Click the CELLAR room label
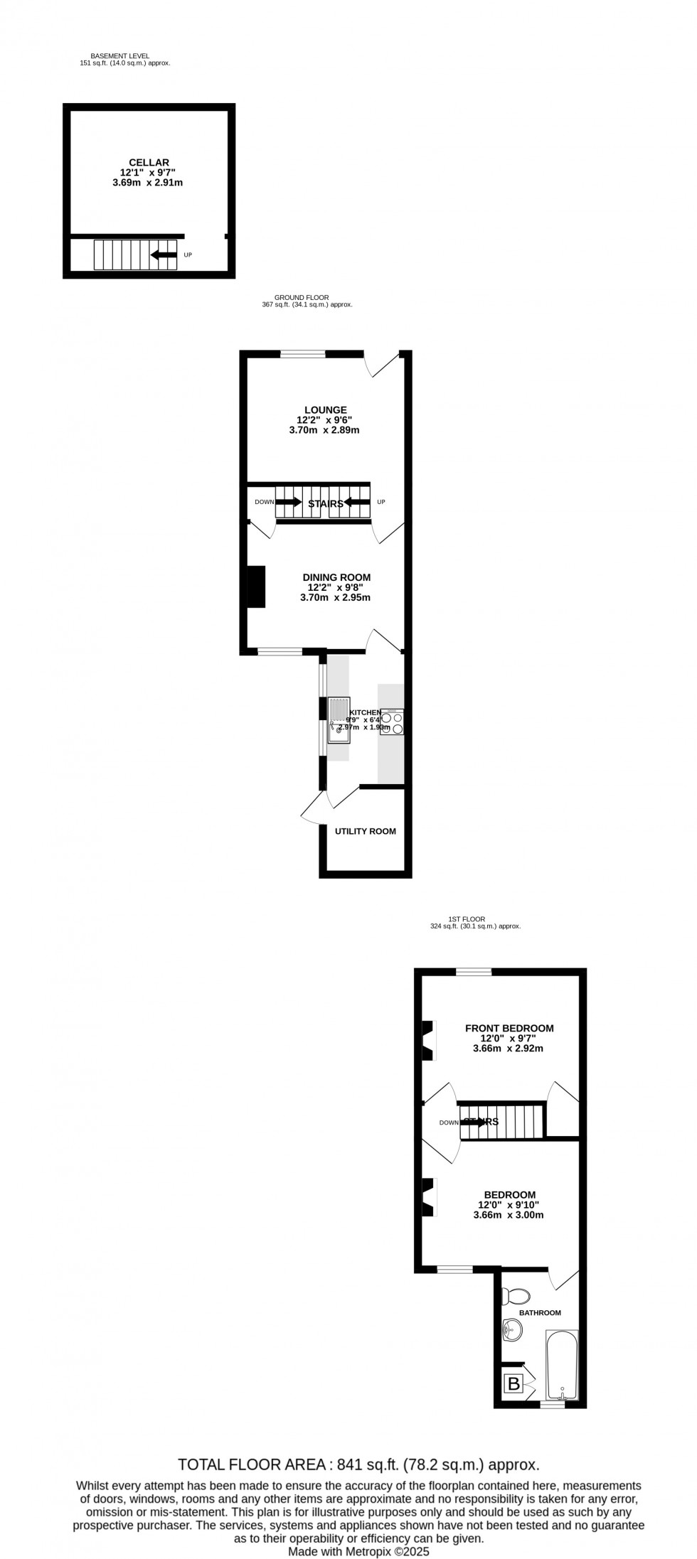point(149,163)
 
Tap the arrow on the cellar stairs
point(164,255)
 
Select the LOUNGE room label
point(325,410)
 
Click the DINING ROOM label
point(339,577)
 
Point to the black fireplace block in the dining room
point(255,586)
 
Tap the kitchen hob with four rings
point(392,722)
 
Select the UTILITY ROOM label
point(365,831)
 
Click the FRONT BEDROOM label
point(509,1028)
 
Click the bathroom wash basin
point(512,1327)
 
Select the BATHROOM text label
point(540,1313)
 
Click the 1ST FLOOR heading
point(467,919)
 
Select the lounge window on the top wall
point(303,353)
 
